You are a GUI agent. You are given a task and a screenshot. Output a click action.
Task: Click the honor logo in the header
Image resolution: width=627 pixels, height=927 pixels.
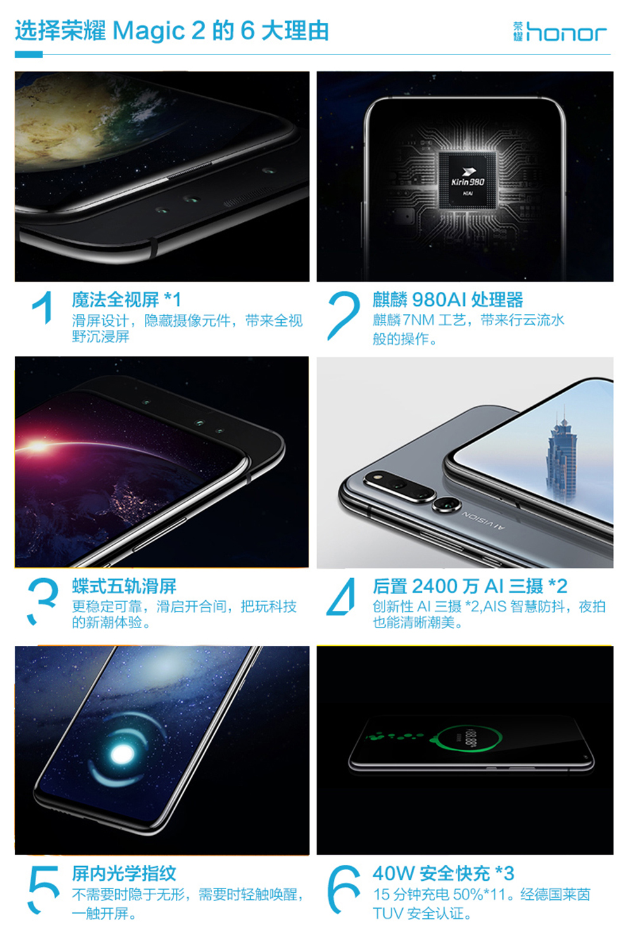[560, 32]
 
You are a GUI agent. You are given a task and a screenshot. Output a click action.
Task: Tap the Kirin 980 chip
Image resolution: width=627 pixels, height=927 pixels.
[467, 180]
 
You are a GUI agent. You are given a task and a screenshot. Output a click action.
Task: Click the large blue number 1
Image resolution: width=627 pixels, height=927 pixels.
[42, 308]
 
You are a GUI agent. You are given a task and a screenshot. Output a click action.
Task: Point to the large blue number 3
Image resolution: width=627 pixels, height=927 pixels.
[42, 601]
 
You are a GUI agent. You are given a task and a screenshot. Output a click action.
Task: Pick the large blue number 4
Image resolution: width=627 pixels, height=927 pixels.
[341, 596]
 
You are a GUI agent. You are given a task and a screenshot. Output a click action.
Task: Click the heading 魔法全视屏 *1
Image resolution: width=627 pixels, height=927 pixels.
[127, 300]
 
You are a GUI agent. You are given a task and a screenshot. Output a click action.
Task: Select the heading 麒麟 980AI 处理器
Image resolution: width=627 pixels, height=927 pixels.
[448, 300]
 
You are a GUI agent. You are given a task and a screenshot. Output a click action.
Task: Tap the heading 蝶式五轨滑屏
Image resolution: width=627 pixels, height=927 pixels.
[124, 586]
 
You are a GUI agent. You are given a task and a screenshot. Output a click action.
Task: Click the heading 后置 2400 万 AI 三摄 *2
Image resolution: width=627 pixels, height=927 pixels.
[470, 586]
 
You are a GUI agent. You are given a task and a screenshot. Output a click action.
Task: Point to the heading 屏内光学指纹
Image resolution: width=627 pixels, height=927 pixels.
[124, 873]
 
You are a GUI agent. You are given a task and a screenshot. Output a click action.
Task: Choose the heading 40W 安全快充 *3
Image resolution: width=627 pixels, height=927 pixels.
[443, 873]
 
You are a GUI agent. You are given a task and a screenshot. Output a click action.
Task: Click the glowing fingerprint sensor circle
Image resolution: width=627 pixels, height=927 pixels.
[122, 755]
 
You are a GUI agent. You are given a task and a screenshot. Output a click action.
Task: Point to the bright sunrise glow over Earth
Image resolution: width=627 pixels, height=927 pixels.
[39, 446]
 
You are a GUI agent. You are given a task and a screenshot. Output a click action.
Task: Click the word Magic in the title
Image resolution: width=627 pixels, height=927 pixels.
[148, 32]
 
